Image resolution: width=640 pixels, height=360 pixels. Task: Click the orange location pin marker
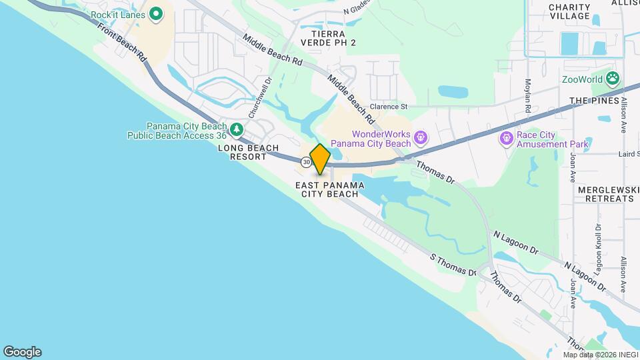[x=320, y=159]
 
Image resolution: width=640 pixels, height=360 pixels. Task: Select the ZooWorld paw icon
[x=613, y=79]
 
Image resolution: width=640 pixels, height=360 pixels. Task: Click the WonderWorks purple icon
[x=421, y=138]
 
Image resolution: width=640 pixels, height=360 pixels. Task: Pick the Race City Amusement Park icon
[x=506, y=138]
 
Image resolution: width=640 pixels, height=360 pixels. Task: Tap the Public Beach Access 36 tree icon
[x=236, y=129]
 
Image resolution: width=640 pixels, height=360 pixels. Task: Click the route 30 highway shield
[x=305, y=162]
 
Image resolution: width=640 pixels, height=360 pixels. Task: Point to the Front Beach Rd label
[x=121, y=43]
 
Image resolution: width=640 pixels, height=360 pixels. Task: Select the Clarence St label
[x=389, y=106]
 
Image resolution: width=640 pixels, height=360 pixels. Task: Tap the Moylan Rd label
[x=527, y=94]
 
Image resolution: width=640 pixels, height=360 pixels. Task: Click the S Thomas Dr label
[x=453, y=265]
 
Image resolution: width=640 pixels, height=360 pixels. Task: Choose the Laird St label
[x=628, y=154]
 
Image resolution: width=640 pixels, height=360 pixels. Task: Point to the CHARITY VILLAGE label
[x=569, y=11]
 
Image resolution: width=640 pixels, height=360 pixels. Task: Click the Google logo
[x=22, y=352]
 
